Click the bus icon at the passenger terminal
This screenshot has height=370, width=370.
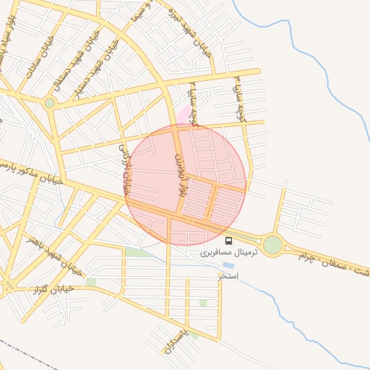229,241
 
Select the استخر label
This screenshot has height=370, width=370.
228,275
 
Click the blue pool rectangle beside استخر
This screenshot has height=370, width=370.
228,266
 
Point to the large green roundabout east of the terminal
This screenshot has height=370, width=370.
272,245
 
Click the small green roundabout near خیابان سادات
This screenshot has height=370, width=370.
49,103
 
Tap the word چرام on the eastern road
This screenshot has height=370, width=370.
304,258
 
